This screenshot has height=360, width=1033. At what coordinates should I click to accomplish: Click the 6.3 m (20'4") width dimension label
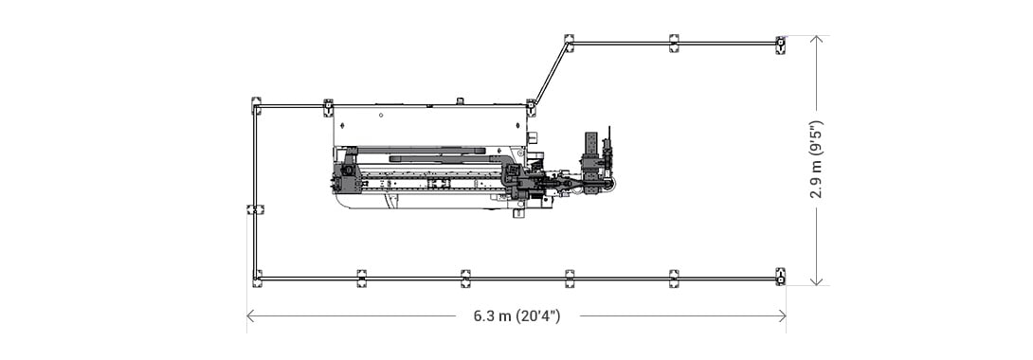tap(516, 316)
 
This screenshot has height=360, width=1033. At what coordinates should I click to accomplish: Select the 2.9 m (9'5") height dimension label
tap(816, 159)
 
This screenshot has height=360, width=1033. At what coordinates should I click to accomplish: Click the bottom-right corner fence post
tap(780, 277)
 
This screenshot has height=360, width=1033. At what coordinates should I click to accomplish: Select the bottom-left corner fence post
tap(257, 278)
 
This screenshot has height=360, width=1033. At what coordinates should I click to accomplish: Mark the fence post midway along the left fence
tap(253, 209)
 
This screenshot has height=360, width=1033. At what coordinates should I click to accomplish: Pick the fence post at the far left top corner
tap(256, 105)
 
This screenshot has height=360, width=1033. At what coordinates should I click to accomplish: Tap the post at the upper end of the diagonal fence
tap(569, 42)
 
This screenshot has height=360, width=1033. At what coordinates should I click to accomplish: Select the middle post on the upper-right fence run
tap(674, 43)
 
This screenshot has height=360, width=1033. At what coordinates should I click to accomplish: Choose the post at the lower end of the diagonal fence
tap(532, 106)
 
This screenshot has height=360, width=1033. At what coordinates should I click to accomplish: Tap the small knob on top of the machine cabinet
tap(460, 100)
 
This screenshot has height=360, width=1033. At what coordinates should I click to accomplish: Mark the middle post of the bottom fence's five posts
tap(465, 278)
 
